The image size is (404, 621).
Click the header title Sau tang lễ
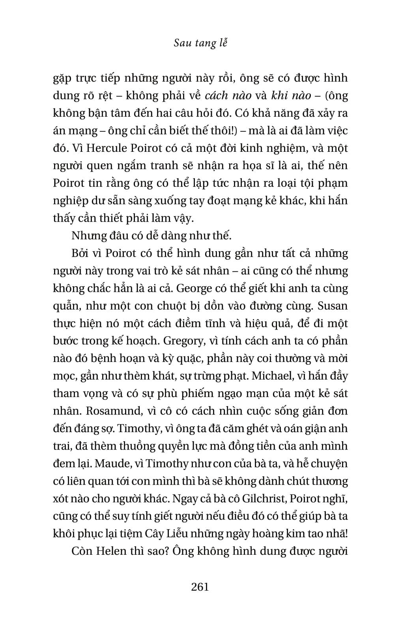click(200, 43)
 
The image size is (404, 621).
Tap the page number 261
click(200, 587)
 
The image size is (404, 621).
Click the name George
click(195, 288)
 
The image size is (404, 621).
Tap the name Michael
click(273, 376)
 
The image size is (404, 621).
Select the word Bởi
click(80, 253)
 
